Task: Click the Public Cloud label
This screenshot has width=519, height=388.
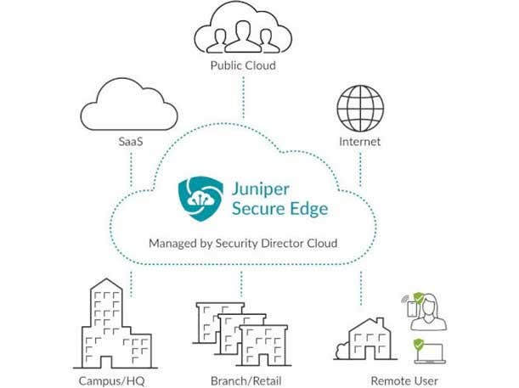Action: pyautogui.click(x=244, y=65)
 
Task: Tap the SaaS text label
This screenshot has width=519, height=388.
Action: pyautogui.click(x=130, y=143)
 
